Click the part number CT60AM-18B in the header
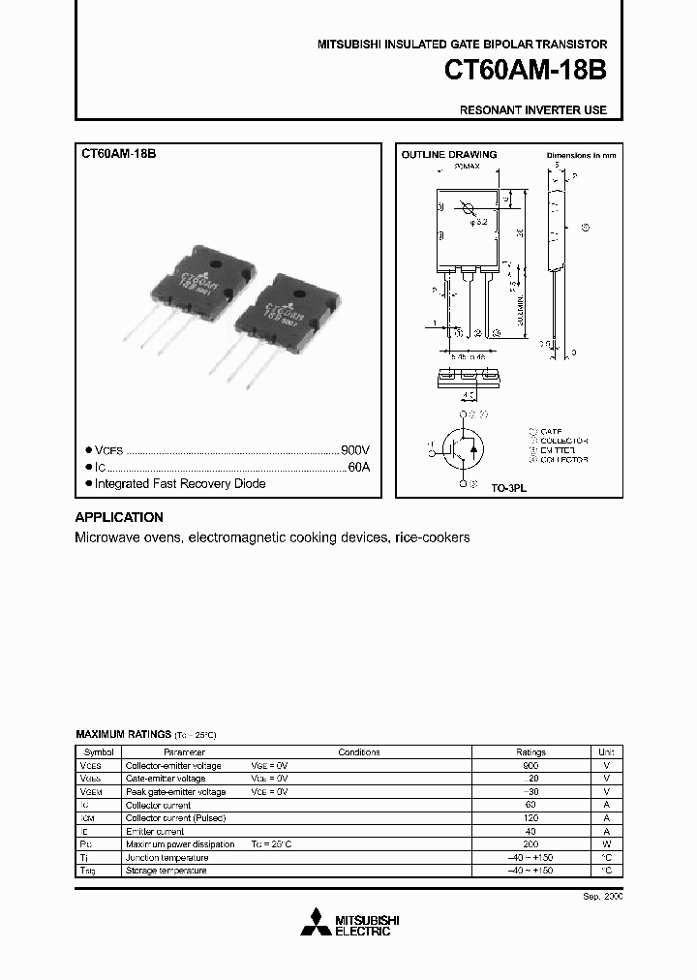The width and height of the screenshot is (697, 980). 526,71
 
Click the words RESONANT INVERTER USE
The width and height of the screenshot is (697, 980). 533,110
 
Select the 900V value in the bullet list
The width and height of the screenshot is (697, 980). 354,450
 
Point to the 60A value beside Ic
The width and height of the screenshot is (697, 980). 358,467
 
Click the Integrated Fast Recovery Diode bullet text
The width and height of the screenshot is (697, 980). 180,483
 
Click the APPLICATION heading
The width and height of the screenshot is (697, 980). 119,517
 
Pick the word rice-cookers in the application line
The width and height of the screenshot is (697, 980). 433,537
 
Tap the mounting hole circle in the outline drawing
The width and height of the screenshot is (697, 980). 468,209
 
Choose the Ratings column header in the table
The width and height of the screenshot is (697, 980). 530,751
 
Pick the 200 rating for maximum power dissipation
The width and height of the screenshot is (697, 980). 530,844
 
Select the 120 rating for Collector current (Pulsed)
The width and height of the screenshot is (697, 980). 530,818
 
